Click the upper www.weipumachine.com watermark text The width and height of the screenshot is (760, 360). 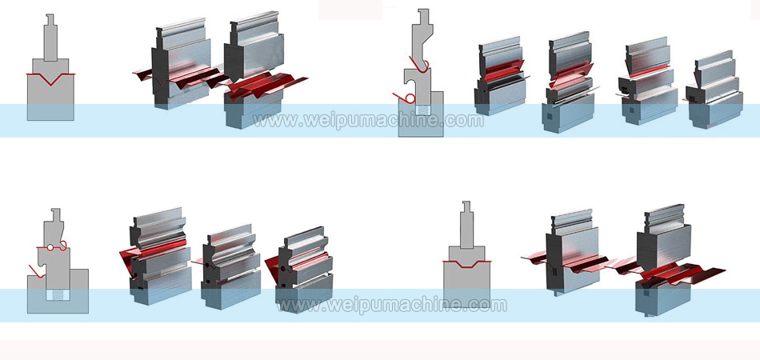tap(368, 121)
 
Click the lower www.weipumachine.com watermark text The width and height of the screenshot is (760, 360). tap(391, 305)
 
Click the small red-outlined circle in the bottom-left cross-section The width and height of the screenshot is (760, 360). tap(51, 248)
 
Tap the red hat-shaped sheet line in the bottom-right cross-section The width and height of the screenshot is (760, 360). tap(466, 263)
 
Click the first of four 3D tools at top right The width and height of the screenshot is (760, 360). tap(500, 76)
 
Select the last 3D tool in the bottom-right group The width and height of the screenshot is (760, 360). tap(664, 256)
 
